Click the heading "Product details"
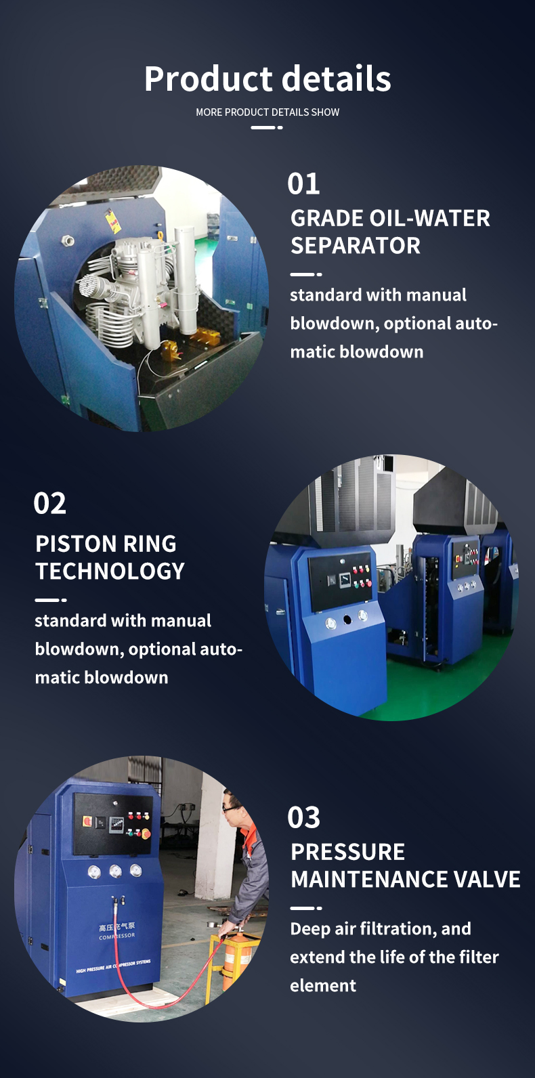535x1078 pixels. (x=267, y=79)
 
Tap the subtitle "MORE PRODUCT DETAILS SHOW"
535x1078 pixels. (x=267, y=112)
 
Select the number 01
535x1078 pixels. (x=303, y=184)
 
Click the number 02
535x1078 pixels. (x=49, y=503)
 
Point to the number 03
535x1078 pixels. (x=303, y=817)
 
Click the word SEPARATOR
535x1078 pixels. (x=356, y=245)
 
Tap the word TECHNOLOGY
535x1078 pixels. (x=110, y=572)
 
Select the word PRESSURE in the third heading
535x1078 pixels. (x=348, y=852)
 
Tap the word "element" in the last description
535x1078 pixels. (x=323, y=986)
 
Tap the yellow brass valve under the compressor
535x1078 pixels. (x=170, y=351)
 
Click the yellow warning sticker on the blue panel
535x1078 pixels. (x=113, y=221)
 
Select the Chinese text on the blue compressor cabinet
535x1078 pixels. (x=117, y=927)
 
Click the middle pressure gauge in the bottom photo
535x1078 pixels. (x=116, y=871)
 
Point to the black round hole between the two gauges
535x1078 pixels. (x=347, y=620)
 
